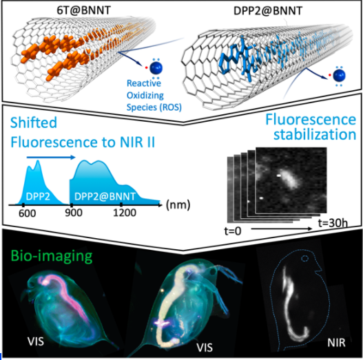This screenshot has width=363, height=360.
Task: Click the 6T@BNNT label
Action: coord(84,10)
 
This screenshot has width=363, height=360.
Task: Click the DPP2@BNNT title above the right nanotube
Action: coord(268,10)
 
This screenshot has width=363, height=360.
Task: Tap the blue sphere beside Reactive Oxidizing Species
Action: coord(156,68)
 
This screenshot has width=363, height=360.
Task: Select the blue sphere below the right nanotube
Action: coord(339,76)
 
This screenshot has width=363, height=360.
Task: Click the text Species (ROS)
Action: coord(154,107)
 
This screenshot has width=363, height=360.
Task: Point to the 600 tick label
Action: coord(28,213)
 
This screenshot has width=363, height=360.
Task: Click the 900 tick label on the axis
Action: coord(74,213)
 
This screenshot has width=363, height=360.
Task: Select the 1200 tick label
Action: coord(125,213)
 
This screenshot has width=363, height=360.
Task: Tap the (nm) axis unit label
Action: coord(178,205)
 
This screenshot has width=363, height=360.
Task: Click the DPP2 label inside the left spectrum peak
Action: coord(38,196)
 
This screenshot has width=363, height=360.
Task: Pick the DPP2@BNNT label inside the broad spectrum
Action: coord(105,196)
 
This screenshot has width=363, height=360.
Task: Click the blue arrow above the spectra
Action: coord(51,158)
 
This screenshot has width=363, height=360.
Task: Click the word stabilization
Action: coord(315,134)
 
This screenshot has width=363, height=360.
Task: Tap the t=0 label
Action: coord(233,231)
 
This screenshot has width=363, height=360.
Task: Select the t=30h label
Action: coord(333,223)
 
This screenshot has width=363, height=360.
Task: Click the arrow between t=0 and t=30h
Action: coord(282,229)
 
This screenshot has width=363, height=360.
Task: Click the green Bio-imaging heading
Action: coord(52,256)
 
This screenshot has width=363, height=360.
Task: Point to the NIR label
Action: coord(336,343)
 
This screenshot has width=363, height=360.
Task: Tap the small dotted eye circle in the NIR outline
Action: coord(305,258)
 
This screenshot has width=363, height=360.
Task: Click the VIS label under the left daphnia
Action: coord(36,341)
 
